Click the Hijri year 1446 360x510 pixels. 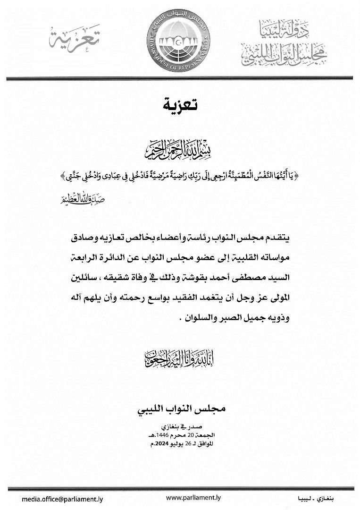(x=159, y=434)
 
